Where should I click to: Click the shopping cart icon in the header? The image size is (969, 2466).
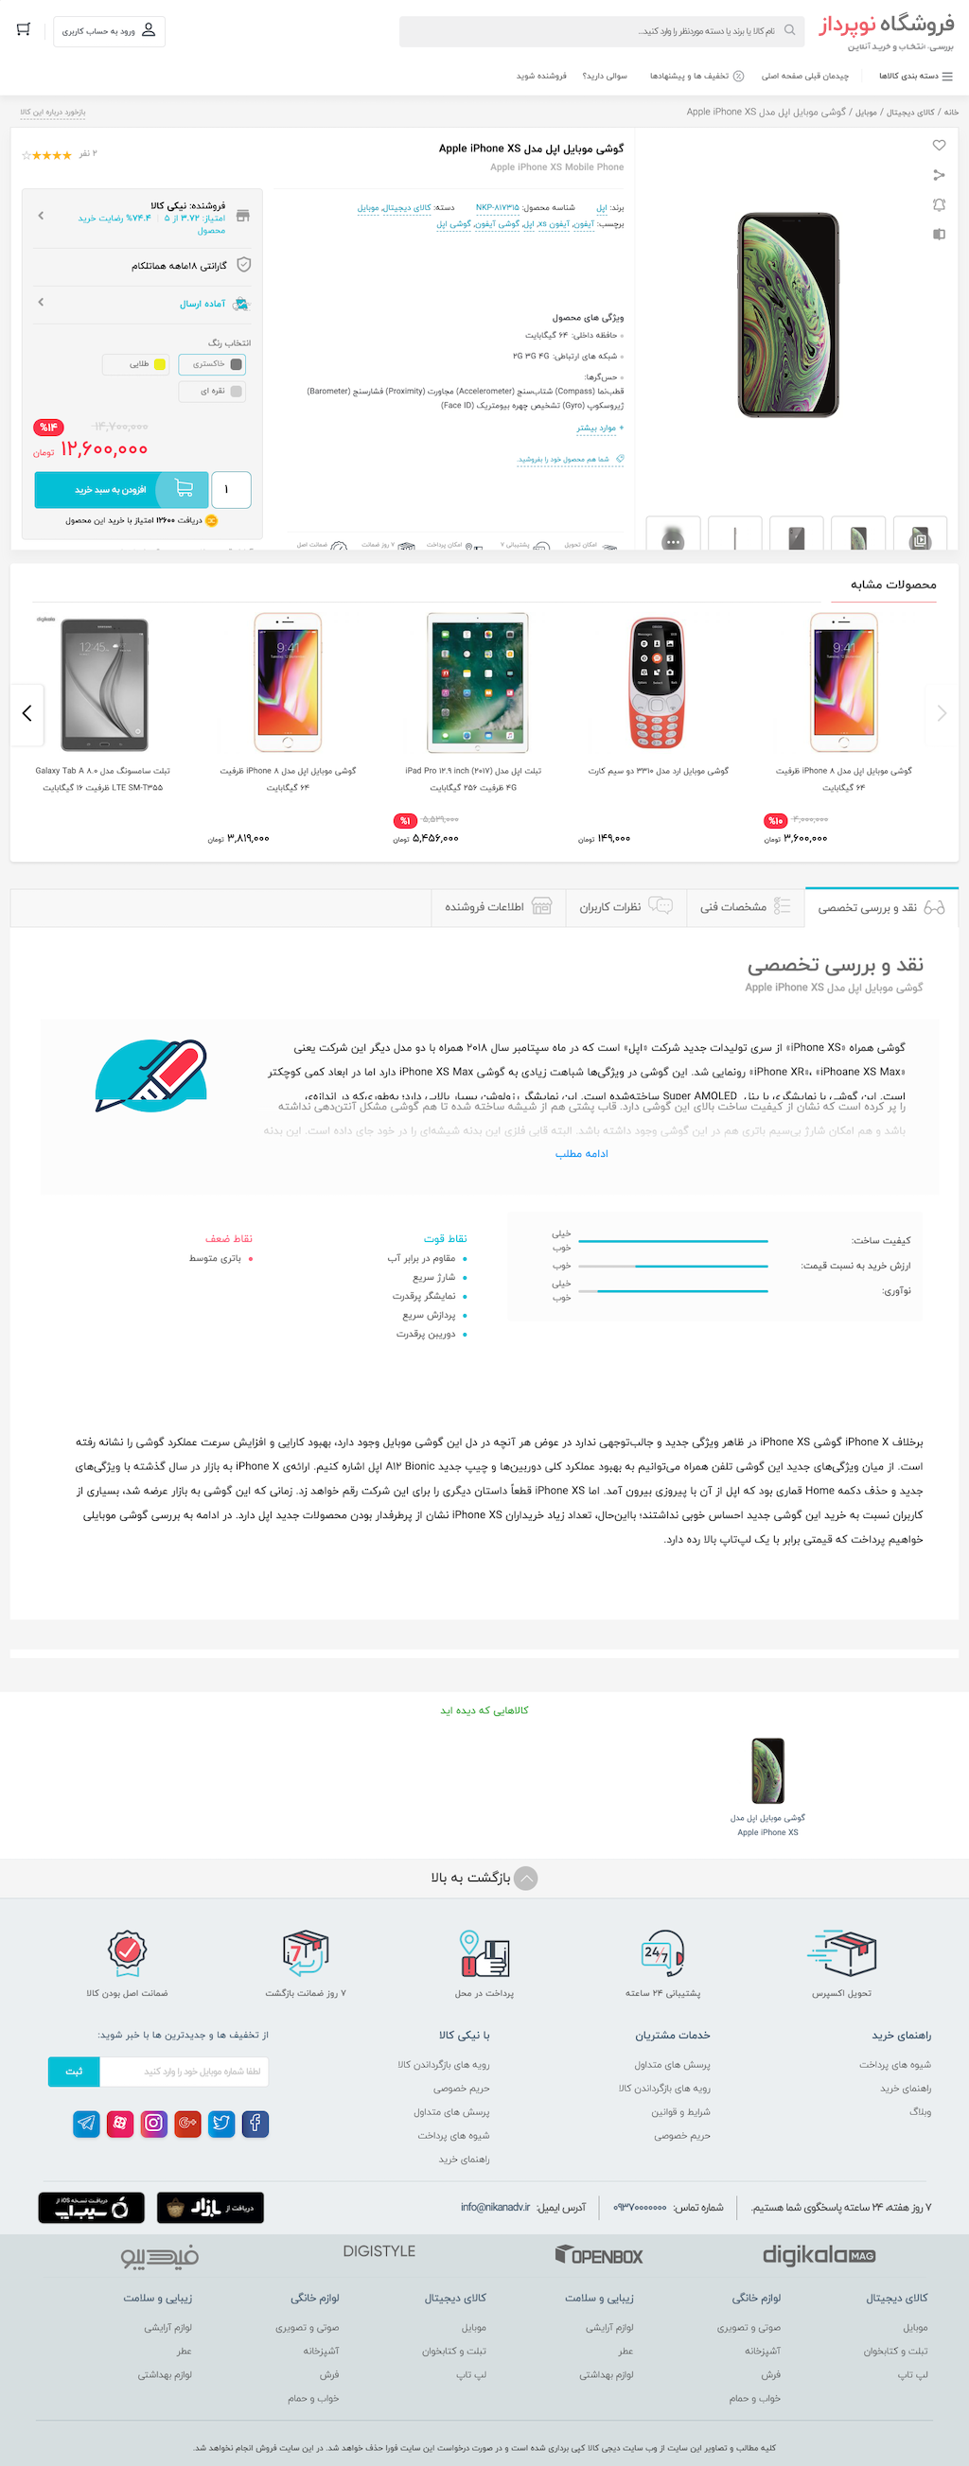point(24,29)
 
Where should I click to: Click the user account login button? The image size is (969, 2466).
point(109,30)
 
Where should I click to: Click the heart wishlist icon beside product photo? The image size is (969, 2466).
point(939,146)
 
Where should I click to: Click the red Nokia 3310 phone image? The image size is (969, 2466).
point(658,683)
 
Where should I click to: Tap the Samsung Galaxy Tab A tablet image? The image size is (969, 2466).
point(104,684)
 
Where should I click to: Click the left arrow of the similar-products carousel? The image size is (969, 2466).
point(26,713)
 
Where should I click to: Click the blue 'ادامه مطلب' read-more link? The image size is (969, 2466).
point(581,1154)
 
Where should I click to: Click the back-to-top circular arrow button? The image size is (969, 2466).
point(526,1879)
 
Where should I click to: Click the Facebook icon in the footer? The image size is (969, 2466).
point(255,2124)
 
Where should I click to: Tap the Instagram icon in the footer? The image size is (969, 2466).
point(153,2124)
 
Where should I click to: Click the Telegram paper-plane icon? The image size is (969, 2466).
point(86,2124)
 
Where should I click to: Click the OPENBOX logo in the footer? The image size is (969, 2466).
point(599,2255)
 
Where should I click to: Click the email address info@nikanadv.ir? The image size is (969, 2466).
point(495,2207)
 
